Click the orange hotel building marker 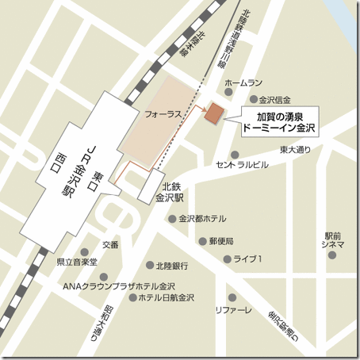click(x=214, y=113)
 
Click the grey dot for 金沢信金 click(x=254, y=100)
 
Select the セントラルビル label click(x=242, y=165)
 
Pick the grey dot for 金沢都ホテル click(x=172, y=219)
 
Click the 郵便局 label click(x=221, y=240)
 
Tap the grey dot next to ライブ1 click(x=227, y=259)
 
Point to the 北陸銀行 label click(x=171, y=266)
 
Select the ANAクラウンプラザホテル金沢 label click(x=119, y=285)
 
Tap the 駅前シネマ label click(x=334, y=239)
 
